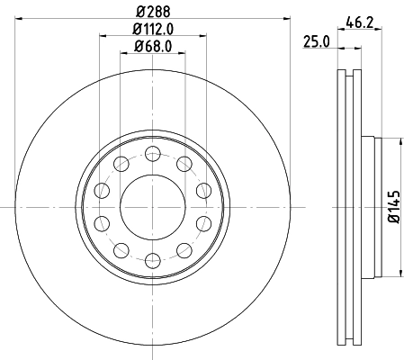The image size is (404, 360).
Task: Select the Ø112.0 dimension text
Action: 152,31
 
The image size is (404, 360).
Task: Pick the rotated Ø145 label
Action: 393,206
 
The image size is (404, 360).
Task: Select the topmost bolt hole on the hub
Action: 151,150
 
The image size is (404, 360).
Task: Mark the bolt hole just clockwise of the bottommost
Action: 119,249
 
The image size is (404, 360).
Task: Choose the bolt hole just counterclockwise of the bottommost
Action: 184,249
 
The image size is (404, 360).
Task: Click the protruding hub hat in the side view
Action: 367,206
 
